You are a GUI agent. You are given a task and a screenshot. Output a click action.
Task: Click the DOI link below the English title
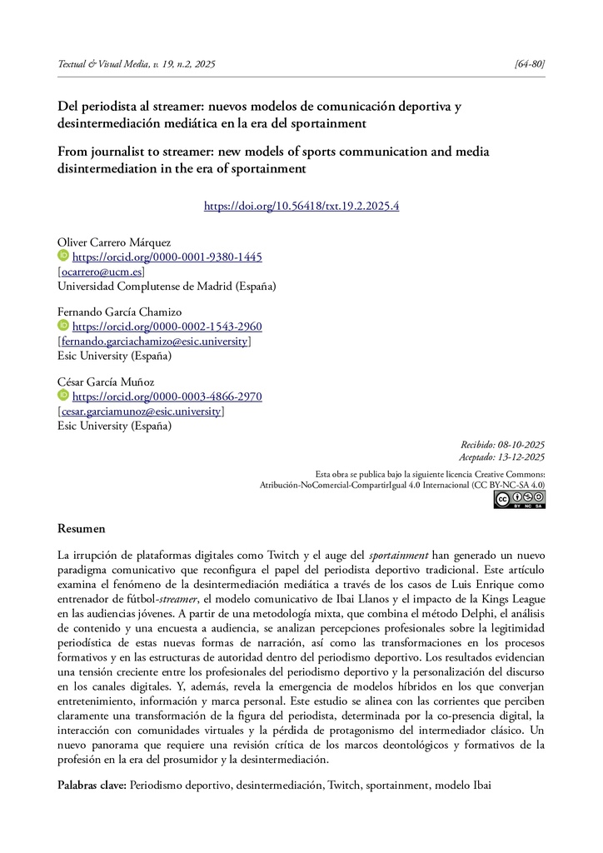coord(301,206)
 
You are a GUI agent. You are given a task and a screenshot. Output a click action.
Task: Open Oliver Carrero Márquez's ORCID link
coord(167,257)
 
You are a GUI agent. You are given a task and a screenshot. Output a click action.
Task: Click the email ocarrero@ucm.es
coord(101,272)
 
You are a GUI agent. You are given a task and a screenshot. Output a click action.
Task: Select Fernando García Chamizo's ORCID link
coord(167,327)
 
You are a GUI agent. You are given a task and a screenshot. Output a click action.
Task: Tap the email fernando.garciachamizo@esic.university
coord(154,341)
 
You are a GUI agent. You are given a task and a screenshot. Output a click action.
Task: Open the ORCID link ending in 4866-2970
coord(167,397)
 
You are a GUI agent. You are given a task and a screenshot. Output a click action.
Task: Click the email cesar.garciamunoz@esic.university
coord(141,411)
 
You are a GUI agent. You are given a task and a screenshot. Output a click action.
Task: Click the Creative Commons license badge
coord(519,499)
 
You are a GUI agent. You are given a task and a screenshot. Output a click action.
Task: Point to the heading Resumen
coord(81,528)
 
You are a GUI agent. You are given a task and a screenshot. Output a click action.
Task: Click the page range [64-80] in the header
coord(531,64)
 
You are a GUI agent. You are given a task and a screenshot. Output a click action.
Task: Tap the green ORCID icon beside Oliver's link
coord(63,257)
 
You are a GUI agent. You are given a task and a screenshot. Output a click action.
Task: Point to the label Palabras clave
coord(92,786)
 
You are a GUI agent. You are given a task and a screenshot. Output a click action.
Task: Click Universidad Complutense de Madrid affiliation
coord(166,286)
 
